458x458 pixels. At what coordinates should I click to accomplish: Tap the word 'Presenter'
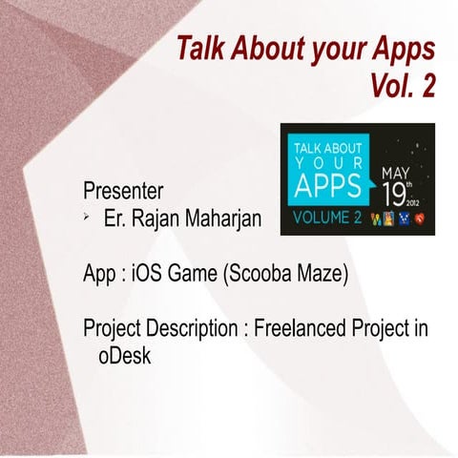pos(122,188)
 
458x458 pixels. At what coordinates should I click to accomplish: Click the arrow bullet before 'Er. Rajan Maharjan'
pos(86,219)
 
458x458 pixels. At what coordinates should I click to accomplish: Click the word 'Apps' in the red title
pos(400,49)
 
